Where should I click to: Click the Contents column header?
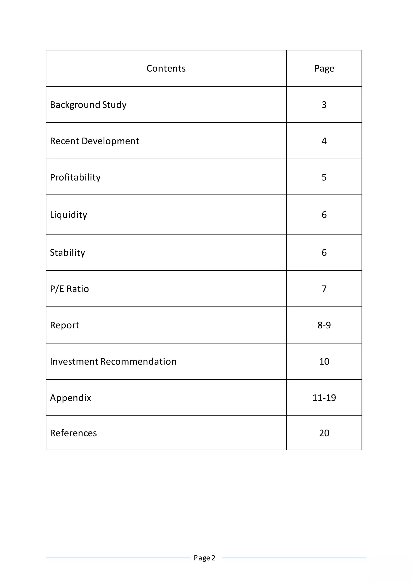tap(166, 69)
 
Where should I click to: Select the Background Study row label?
tap(88, 105)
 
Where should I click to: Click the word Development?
tap(110, 141)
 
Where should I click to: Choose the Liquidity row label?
tap(68, 215)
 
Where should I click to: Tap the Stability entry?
tap(67, 252)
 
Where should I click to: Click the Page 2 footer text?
tap(204, 558)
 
